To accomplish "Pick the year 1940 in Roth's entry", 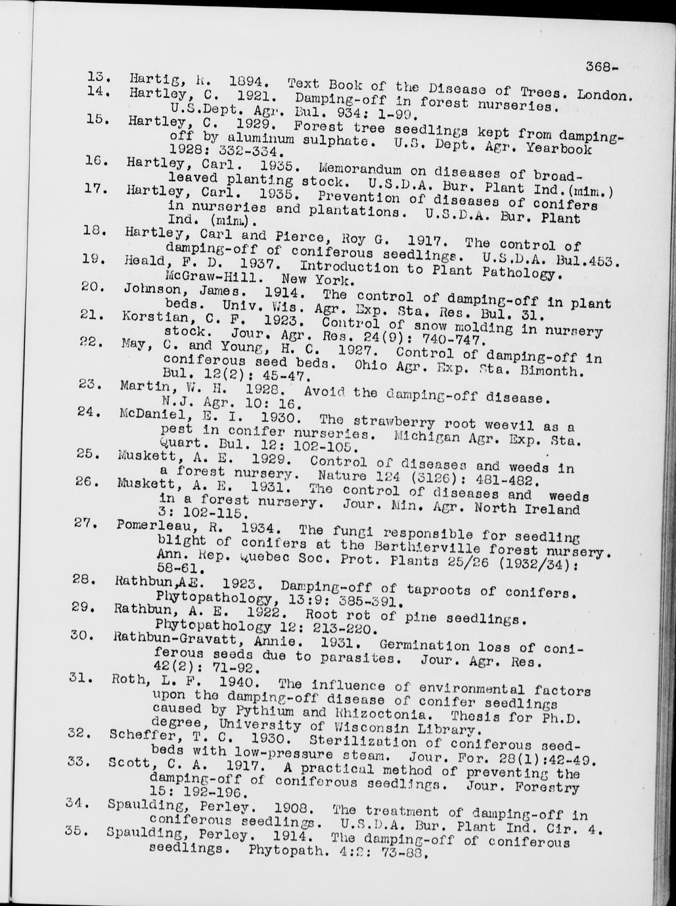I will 236,681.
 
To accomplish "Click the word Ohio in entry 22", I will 371,365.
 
